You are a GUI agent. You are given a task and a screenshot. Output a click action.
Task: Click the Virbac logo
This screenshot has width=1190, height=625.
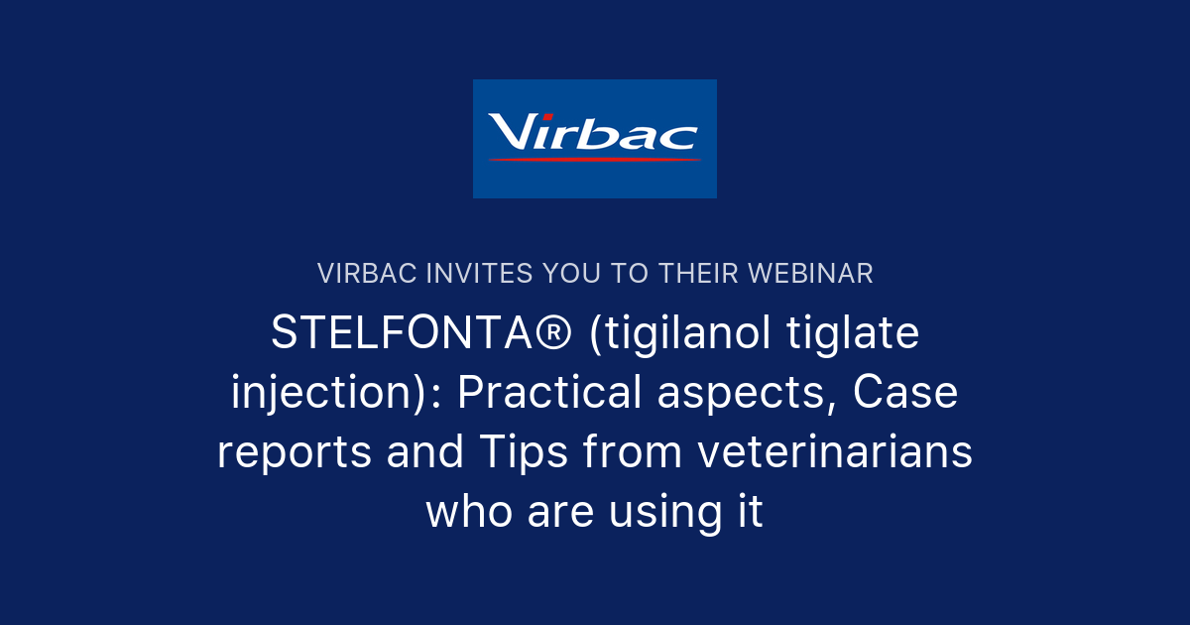pos(594,138)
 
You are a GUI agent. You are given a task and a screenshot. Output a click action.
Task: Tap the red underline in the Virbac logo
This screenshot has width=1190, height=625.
pos(595,159)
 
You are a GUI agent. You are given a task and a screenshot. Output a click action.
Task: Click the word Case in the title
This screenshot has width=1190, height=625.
pos(905,394)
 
